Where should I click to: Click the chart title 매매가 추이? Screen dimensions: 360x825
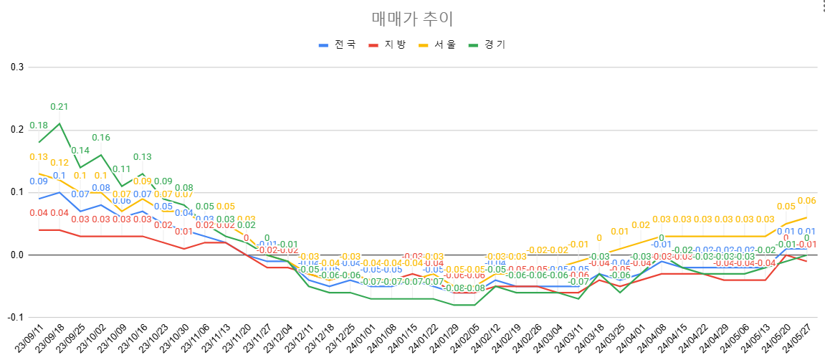tap(412, 19)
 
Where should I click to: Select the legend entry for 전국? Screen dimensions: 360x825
tap(338, 44)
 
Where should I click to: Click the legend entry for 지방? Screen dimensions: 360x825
tap(388, 44)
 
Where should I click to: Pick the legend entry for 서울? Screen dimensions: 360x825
tap(437, 44)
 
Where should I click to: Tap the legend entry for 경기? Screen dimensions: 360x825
tap(487, 44)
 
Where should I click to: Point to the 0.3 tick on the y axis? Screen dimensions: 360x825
tap(16, 67)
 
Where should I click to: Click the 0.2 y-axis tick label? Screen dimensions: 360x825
tap(16, 130)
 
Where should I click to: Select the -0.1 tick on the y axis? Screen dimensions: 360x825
tap(15, 318)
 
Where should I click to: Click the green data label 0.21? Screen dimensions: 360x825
tap(59, 107)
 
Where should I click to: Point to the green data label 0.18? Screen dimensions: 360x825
tap(39, 125)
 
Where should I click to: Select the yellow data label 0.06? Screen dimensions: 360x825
tap(806, 201)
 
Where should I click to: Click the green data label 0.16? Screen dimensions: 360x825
tap(100, 138)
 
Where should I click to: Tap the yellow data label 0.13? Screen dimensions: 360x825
tap(39, 157)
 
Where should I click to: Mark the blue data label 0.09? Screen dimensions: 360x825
tap(39, 181)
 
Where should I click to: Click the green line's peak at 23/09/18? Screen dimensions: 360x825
tap(59, 123)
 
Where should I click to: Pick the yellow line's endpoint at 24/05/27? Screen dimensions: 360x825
tap(806, 217)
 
